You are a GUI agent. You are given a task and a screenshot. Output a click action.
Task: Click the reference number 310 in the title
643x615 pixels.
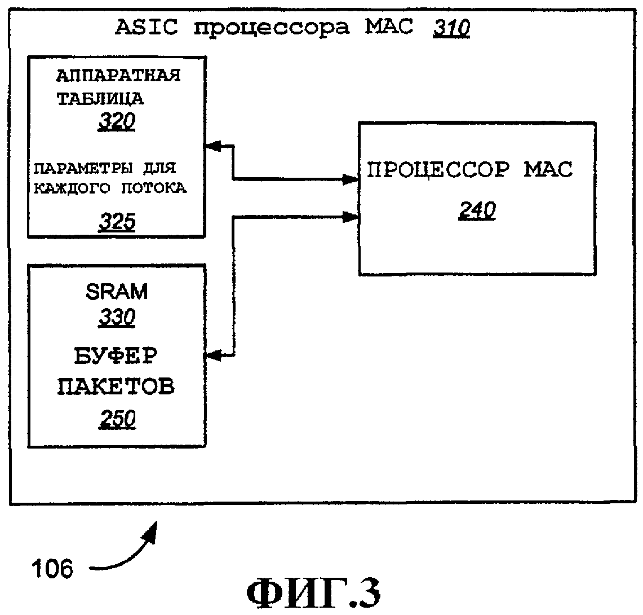tap(451, 28)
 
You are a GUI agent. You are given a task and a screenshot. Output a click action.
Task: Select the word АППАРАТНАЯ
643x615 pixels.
tap(118, 76)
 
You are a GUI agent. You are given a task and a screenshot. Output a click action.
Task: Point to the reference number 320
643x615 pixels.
tap(117, 122)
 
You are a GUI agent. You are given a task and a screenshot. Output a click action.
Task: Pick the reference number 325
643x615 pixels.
tap(117, 223)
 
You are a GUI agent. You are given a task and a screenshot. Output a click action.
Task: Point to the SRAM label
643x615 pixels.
tap(117, 292)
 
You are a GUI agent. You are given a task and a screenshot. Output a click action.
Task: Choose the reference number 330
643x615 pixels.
tap(117, 318)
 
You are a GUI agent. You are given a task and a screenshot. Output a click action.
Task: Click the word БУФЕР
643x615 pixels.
tap(116, 357)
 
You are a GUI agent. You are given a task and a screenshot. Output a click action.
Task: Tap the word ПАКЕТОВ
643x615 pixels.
tap(117, 387)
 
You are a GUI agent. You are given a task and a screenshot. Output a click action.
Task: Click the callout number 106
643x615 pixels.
tap(52, 569)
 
